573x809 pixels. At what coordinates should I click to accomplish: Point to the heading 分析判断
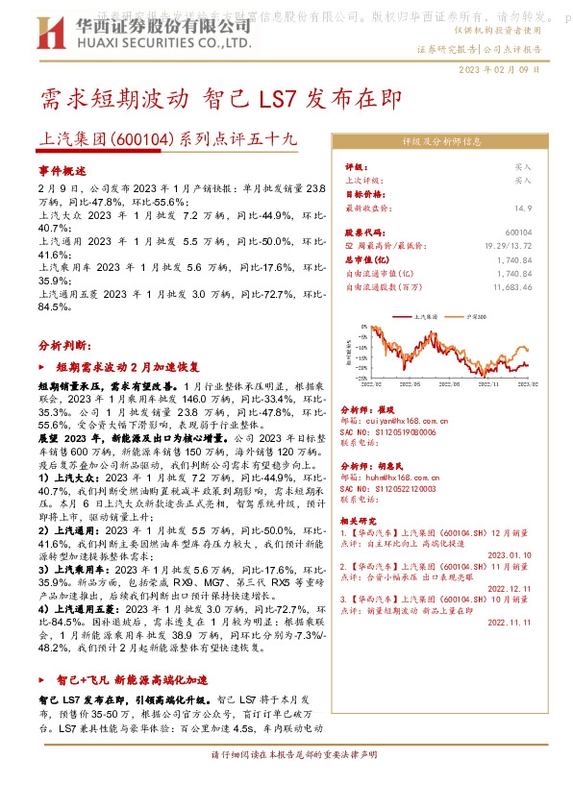(64, 344)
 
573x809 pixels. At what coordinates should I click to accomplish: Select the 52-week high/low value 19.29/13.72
(508, 246)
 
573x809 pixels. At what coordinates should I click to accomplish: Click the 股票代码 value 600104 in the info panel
(517, 233)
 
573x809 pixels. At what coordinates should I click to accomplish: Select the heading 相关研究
(361, 521)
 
